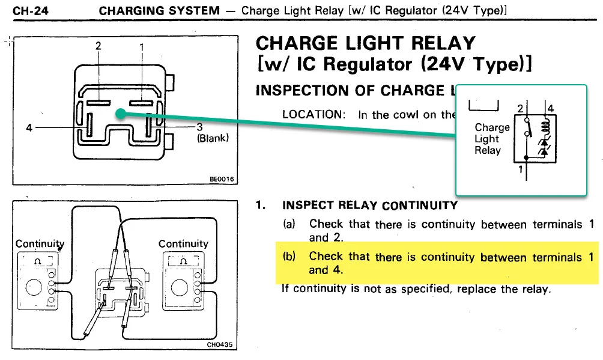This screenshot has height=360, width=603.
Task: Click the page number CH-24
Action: point(27,11)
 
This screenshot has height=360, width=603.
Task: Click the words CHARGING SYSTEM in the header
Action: point(159,11)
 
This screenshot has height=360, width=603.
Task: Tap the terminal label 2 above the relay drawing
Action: point(98,46)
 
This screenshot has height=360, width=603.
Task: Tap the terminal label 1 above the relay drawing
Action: point(142,47)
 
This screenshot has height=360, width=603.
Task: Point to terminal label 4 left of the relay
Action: point(29,127)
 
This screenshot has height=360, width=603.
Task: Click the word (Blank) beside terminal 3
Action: point(213,138)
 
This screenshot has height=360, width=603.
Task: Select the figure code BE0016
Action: point(221,179)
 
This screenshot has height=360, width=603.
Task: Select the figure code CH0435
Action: point(219,345)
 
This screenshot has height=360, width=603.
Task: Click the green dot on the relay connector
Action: point(121,113)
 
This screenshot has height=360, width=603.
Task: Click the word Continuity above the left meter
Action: point(40,243)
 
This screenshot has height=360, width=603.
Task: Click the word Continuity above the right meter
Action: point(183,243)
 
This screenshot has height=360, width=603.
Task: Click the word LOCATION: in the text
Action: point(314,115)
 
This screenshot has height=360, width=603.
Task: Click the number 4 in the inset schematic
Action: point(551,109)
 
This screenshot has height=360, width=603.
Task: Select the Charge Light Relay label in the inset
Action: point(492,139)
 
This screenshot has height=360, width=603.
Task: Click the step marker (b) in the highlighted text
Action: point(289,257)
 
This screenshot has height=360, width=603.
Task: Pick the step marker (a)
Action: point(289,224)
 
